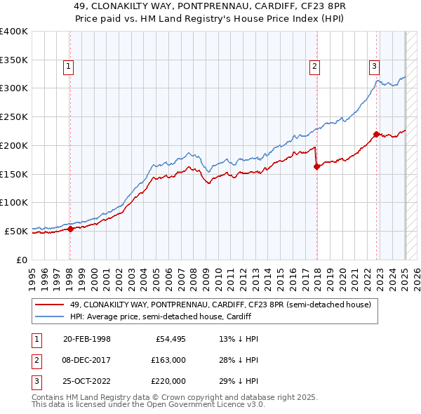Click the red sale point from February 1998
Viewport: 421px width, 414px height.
(70, 228)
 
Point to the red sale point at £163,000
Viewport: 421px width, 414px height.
(316, 166)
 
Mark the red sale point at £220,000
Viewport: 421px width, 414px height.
(377, 134)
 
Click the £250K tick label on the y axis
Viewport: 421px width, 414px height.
(14, 116)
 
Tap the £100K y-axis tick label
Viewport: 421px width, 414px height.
(14, 202)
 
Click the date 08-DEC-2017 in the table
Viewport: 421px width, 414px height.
(88, 360)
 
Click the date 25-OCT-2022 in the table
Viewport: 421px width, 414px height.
(88, 381)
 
